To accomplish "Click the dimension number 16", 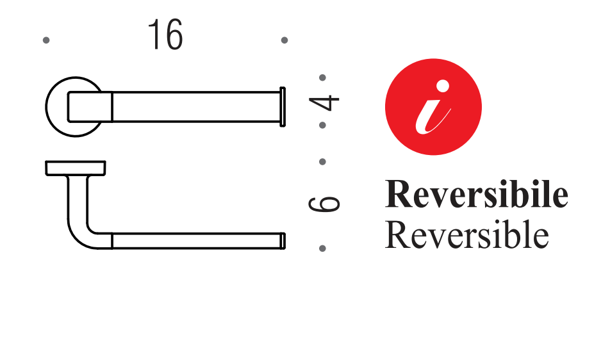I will tap(165, 35).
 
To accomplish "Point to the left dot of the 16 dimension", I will tap(46, 40).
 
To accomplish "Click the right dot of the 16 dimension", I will tap(285, 40).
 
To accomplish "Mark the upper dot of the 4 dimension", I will tap(322, 78).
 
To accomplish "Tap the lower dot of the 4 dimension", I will tap(322, 125).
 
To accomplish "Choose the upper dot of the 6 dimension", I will tap(322, 161).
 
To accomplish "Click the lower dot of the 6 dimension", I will tap(322, 248).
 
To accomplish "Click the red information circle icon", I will tap(433, 107).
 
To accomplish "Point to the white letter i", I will tap(431, 109).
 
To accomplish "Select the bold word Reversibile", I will tap(476, 195).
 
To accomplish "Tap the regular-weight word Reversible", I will tap(466, 236).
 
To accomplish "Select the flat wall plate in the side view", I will tap(76, 168).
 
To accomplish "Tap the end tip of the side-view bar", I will tap(283, 241).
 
